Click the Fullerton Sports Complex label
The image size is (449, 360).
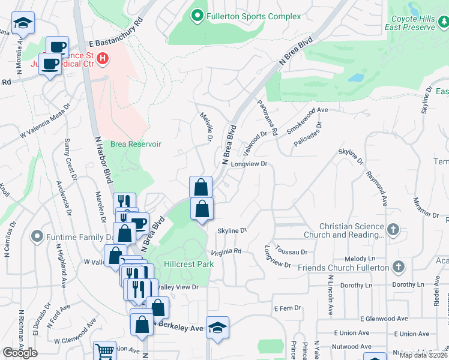(x=253, y=16)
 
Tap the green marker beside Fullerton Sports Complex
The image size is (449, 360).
(x=197, y=16)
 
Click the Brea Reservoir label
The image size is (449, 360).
(x=136, y=145)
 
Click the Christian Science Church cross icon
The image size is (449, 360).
(x=393, y=230)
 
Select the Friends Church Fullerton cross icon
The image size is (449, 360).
(x=397, y=267)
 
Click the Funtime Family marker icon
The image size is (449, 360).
(x=38, y=237)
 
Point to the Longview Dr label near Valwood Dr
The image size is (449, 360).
(x=249, y=164)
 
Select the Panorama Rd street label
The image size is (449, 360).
(x=267, y=116)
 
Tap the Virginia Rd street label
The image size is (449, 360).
(x=226, y=251)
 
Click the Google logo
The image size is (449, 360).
(x=20, y=353)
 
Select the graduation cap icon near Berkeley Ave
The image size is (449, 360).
(x=217, y=328)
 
